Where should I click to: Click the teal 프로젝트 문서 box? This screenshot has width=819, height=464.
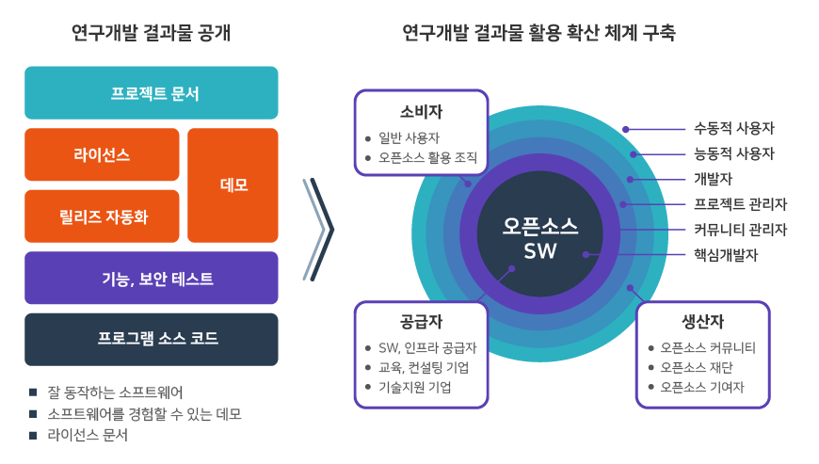(152, 93)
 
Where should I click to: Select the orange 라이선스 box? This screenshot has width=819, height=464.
(102, 154)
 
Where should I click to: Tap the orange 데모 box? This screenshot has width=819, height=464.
(233, 185)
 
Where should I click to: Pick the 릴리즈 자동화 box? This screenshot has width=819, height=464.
(102, 216)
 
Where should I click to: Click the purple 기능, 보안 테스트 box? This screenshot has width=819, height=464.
(152, 279)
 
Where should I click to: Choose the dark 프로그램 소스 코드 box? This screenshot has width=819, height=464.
(152, 338)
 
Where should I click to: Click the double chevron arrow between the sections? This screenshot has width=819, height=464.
(318, 229)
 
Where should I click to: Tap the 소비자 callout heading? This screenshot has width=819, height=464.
(420, 110)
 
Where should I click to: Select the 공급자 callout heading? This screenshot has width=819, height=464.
(420, 320)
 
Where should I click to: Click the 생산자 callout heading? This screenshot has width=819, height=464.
(702, 320)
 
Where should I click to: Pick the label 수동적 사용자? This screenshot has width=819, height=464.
(733, 129)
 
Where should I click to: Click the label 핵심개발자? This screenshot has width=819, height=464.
(725, 254)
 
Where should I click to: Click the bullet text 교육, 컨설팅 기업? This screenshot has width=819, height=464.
(424, 367)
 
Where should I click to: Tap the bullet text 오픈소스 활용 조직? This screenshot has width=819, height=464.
(427, 158)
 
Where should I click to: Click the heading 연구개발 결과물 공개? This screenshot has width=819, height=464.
(151, 34)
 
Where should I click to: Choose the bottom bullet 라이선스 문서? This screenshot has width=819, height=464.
(87, 436)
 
